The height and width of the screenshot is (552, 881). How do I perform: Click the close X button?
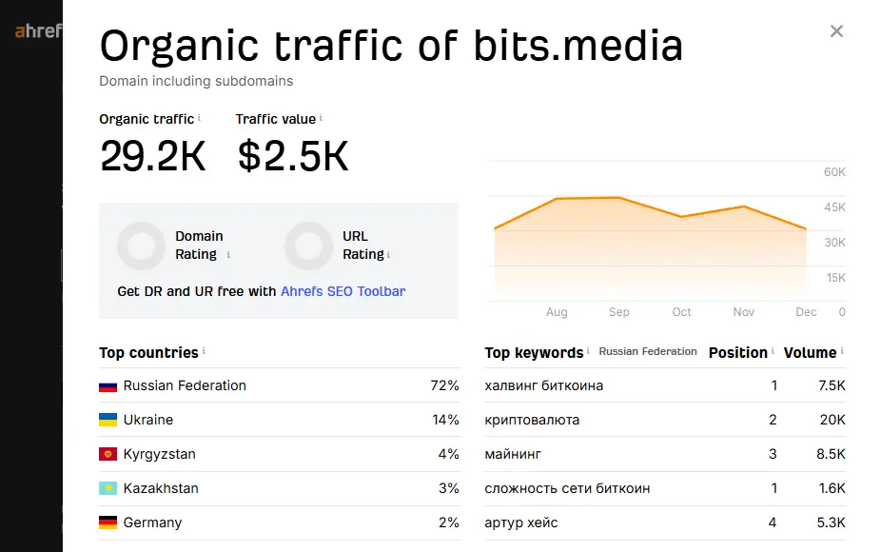click(836, 31)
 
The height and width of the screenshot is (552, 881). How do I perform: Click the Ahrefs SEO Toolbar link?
click(343, 291)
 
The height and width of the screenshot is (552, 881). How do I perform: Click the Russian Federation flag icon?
click(108, 386)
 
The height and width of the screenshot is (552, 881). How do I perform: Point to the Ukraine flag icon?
click(108, 420)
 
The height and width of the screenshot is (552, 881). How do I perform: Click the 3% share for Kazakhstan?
click(448, 488)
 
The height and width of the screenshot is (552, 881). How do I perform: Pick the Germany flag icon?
click(108, 522)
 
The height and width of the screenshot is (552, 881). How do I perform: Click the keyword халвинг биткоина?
click(543, 385)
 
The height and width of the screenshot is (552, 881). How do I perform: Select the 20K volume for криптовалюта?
click(831, 420)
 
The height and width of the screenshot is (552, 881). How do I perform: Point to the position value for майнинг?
click(773, 454)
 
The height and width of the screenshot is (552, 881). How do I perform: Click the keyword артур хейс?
click(521, 522)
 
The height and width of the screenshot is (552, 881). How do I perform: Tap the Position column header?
click(737, 352)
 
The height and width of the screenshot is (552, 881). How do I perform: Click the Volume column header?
click(810, 352)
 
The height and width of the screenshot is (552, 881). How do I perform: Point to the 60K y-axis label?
click(834, 172)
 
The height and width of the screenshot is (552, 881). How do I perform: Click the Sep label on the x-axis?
click(619, 312)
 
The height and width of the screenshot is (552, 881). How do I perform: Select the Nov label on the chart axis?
click(744, 312)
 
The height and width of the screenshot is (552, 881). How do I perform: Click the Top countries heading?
click(148, 352)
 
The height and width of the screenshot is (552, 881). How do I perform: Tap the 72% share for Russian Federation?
click(444, 385)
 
